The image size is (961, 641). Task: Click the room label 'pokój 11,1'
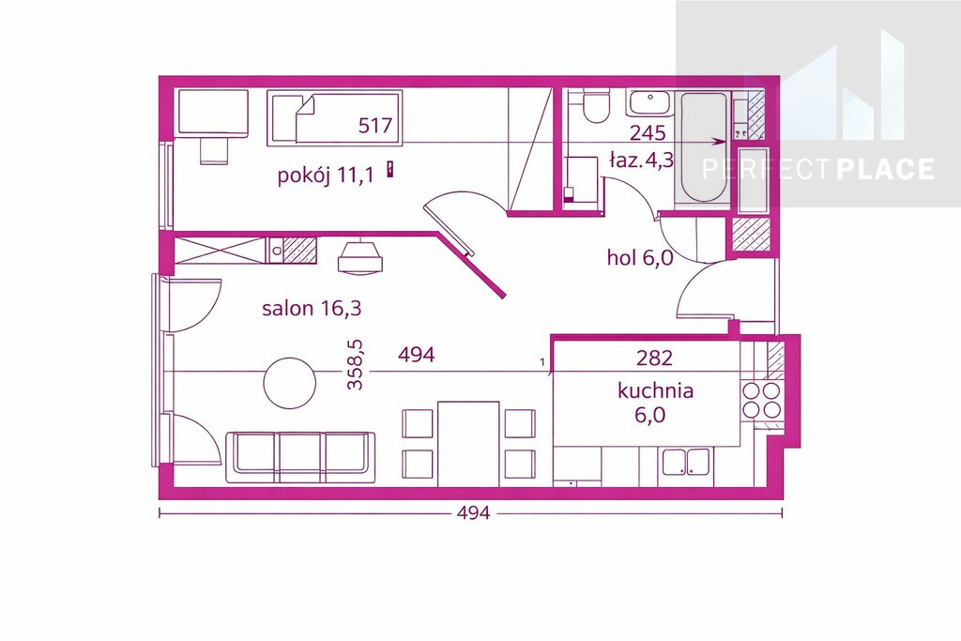326,176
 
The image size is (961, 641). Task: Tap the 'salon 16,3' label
312,308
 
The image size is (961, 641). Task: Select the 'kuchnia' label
655,390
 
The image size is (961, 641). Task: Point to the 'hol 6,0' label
640,257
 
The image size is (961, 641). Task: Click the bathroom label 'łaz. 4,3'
641,160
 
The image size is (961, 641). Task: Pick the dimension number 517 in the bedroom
375,126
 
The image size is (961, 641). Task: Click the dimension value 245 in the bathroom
648,132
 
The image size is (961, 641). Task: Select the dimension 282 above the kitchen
654,358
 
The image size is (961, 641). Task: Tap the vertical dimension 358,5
355,365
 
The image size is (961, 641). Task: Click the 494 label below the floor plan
474,512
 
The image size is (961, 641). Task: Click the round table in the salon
290,383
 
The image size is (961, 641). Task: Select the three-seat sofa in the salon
300,457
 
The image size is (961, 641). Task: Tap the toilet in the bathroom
596,106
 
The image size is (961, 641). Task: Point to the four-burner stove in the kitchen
762,400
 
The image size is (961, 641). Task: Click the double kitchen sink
685,463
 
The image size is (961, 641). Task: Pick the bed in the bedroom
335,118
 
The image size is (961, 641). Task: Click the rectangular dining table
468,443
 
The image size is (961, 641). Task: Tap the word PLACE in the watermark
885,169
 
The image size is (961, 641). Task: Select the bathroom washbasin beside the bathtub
649,103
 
